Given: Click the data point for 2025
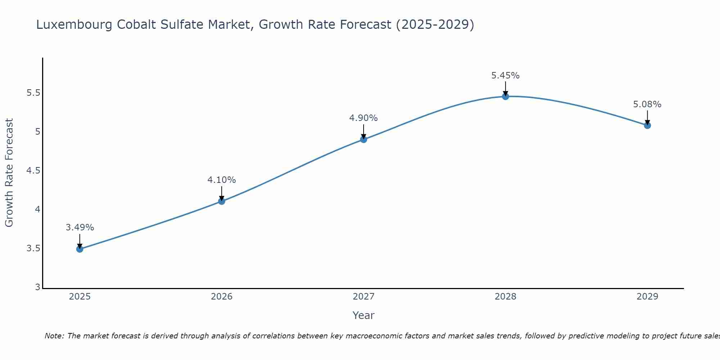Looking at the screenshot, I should pos(80,249).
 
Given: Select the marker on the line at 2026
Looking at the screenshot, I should pos(222,201).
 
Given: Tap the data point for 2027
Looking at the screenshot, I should pos(364,139).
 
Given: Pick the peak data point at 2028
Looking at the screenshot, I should pos(505,96).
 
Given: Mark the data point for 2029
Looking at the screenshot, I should pos(647,125).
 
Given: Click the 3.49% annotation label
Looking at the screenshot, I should pos(80,228).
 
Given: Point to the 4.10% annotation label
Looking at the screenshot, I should pos(222,180).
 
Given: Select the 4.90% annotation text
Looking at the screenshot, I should pos(364,118).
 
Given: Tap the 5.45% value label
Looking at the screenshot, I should pos(505,76).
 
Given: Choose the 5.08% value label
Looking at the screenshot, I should pos(647,104).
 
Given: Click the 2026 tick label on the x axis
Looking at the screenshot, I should pos(222,297).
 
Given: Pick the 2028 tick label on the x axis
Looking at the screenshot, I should pos(505,297).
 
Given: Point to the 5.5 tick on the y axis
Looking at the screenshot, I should pos(33,93).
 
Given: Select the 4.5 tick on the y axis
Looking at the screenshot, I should pos(33,171).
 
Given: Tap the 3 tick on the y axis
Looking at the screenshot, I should pos(37,287).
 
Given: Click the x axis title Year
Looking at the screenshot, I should pos(364,315).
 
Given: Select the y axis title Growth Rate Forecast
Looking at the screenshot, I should pos(9,173).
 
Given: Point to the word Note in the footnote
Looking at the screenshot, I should pos(54,336).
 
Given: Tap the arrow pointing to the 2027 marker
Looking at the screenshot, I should pos(364,132).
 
